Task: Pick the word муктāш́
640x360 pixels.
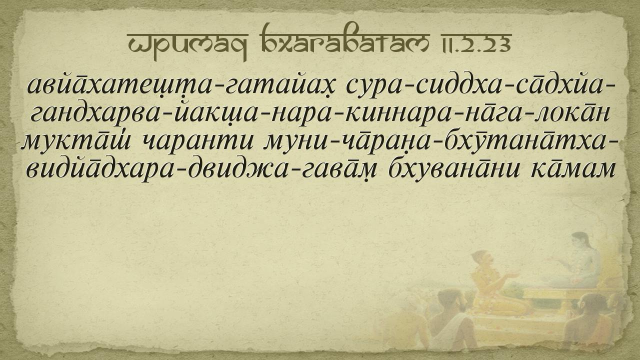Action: point(76,141)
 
